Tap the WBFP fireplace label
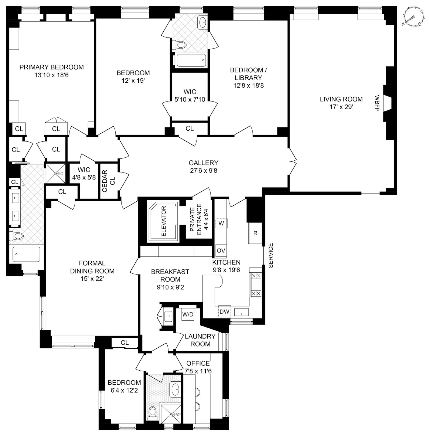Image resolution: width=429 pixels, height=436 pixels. click(x=377, y=103)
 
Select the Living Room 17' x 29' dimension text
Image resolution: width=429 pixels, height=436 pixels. click(x=341, y=107)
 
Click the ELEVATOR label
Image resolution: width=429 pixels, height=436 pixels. click(x=164, y=221)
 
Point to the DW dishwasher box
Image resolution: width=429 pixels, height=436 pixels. click(x=224, y=311)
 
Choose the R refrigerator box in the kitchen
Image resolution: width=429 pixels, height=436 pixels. click(x=255, y=233)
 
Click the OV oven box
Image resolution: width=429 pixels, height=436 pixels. click(x=221, y=250)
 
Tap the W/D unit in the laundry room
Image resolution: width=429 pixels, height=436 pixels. click(x=188, y=314)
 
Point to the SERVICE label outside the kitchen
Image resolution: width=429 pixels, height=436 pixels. click(x=271, y=255)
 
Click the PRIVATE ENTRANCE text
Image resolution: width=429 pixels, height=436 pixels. click(x=195, y=220)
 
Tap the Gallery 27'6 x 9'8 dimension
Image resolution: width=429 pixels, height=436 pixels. click(x=204, y=170)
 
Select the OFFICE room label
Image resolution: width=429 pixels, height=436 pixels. click(x=198, y=363)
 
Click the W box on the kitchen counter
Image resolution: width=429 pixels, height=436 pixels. click(x=221, y=223)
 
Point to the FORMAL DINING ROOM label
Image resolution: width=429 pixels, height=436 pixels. click(x=92, y=267)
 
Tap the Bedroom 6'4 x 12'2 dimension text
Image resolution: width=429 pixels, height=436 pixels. click(x=124, y=390)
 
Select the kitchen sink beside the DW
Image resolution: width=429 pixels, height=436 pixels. click(x=241, y=312)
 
